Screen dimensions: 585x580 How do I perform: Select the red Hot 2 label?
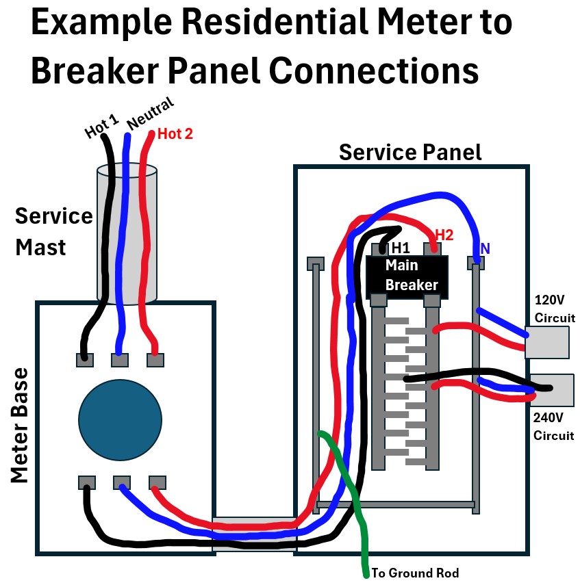tap(175, 134)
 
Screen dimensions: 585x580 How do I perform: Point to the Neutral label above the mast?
tap(150, 114)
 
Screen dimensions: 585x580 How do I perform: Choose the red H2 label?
tap(444, 235)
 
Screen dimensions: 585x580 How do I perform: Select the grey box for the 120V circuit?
tap(547, 342)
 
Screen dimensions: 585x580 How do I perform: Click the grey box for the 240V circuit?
tap(552, 390)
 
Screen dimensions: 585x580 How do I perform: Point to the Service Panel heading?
tap(410, 152)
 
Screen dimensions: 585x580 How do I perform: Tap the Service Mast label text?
tap(53, 231)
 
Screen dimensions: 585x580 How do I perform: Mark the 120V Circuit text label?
tap(554, 309)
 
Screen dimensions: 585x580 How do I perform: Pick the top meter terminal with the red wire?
tap(155, 359)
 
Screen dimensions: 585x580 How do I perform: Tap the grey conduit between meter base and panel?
tap(254, 534)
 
